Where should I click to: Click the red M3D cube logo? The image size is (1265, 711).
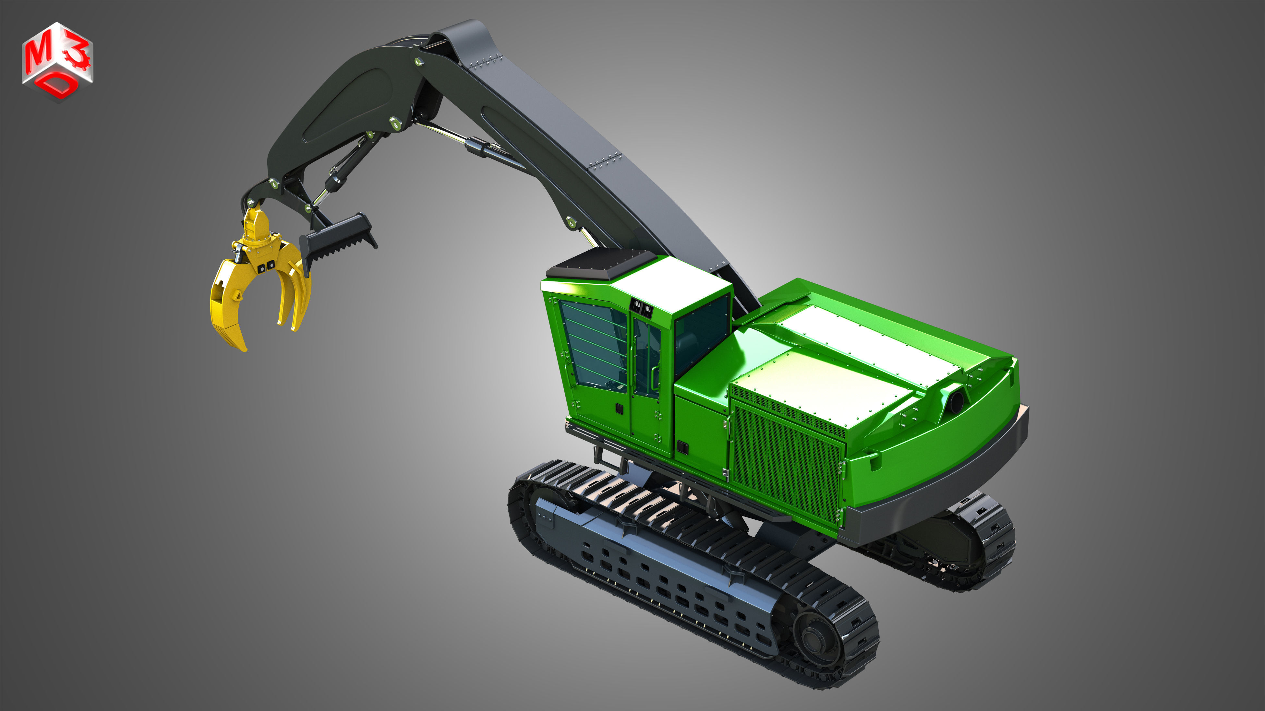tap(57, 61)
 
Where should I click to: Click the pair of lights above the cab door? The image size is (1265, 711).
tap(642, 308)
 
